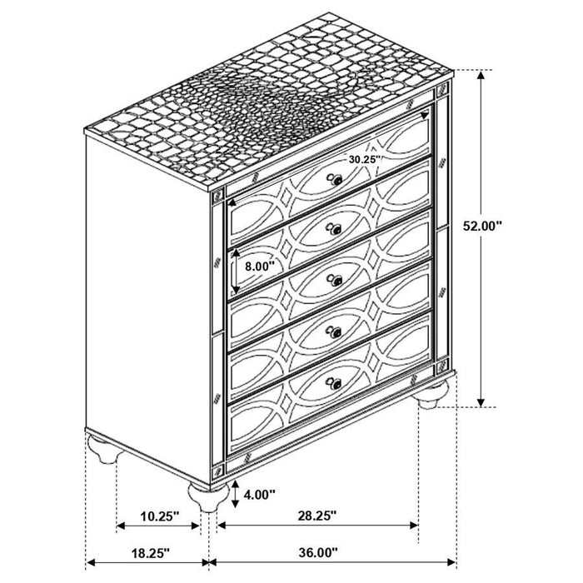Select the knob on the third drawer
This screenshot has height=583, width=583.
coord(335,282)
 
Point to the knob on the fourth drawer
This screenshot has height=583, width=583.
coord(335,332)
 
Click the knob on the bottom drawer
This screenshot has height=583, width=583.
coord(335,384)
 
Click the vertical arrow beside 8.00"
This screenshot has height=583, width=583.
coord(236,272)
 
